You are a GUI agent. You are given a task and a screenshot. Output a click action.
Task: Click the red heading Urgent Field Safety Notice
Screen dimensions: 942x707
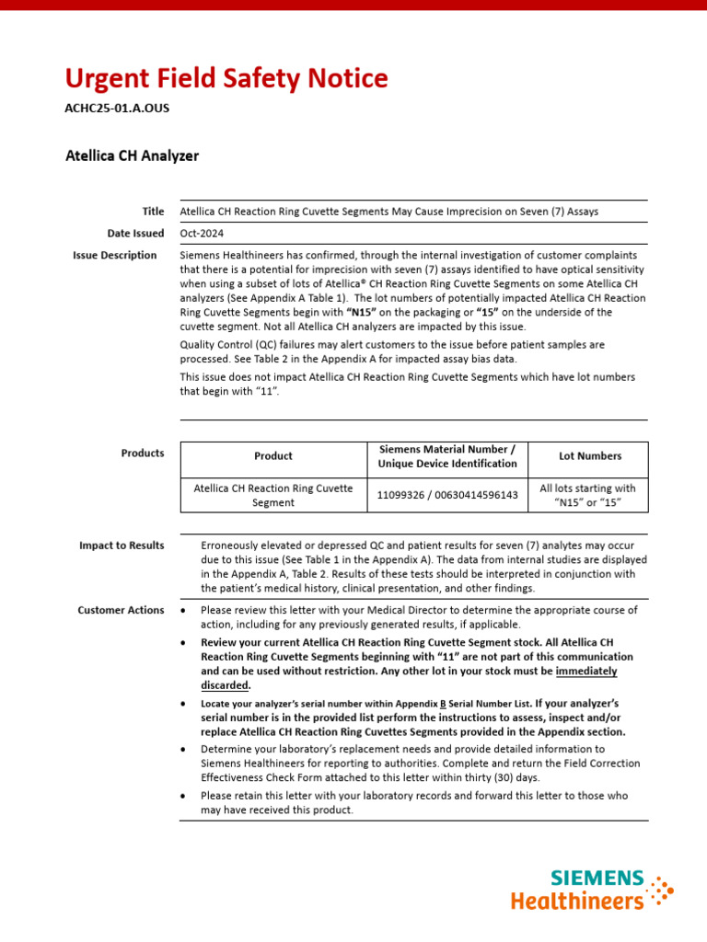226,78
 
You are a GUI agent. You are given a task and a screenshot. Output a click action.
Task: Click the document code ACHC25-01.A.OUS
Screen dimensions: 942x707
117,109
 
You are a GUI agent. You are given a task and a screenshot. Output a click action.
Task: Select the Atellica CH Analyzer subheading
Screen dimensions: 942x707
132,155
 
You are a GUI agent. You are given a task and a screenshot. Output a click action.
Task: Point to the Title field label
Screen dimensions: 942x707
153,211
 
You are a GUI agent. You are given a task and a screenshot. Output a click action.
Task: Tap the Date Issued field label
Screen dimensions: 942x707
135,234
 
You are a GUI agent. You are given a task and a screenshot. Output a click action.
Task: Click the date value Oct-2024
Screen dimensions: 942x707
202,234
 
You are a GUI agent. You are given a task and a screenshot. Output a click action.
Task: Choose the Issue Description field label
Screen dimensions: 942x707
115,256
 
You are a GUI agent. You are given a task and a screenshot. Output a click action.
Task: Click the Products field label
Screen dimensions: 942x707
143,453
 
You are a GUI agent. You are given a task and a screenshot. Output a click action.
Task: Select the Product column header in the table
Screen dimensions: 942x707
273,456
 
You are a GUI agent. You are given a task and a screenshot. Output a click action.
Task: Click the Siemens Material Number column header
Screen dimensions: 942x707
447,456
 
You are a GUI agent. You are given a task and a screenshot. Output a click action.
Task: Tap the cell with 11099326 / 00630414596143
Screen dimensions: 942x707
447,495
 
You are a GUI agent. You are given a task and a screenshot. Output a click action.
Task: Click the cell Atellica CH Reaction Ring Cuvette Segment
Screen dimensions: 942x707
273,495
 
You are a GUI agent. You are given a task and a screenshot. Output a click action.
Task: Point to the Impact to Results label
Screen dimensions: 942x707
122,546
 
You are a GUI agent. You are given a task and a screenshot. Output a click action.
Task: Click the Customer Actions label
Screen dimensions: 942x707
121,610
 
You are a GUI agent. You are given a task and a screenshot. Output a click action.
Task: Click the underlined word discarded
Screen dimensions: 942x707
225,684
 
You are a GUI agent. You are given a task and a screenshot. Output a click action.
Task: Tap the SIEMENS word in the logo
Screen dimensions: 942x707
597,879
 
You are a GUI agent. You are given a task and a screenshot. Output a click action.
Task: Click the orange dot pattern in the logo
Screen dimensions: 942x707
660,891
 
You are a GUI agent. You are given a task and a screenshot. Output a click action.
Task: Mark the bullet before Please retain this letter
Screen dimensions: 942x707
185,796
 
